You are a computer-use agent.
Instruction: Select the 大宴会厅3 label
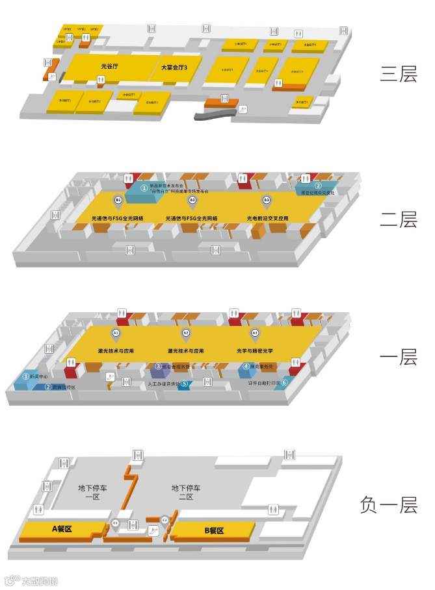pos(174,68)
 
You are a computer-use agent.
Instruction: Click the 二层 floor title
pos(398,220)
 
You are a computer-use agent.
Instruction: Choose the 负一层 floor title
pos(388,505)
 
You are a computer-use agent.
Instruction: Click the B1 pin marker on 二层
pos(118,199)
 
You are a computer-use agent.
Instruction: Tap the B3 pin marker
pos(266,199)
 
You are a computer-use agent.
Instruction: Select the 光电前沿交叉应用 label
pos(267,218)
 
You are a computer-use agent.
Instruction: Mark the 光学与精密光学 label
pos(255,350)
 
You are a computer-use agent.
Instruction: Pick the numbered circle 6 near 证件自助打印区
pos(284,382)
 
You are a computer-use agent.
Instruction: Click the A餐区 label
pos(62,530)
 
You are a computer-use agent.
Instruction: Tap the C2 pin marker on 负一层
pos(165,520)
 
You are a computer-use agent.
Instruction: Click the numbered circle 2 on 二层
pos(318,186)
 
